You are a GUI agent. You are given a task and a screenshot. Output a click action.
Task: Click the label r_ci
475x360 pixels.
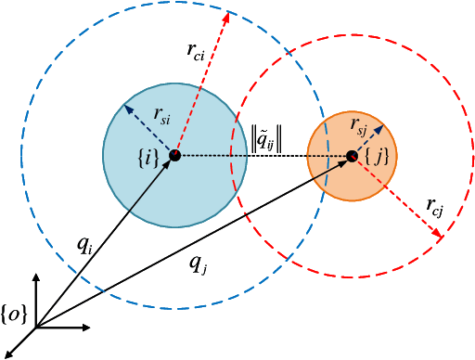(x=196, y=53)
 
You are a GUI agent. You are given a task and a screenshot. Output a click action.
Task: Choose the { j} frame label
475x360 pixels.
(x=380, y=158)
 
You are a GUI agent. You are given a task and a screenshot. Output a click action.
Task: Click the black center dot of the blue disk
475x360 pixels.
(x=173, y=155)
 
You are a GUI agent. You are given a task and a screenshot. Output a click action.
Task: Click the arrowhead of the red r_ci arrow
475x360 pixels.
(x=227, y=15)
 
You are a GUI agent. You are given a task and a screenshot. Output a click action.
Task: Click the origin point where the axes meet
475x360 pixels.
(x=35, y=327)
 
